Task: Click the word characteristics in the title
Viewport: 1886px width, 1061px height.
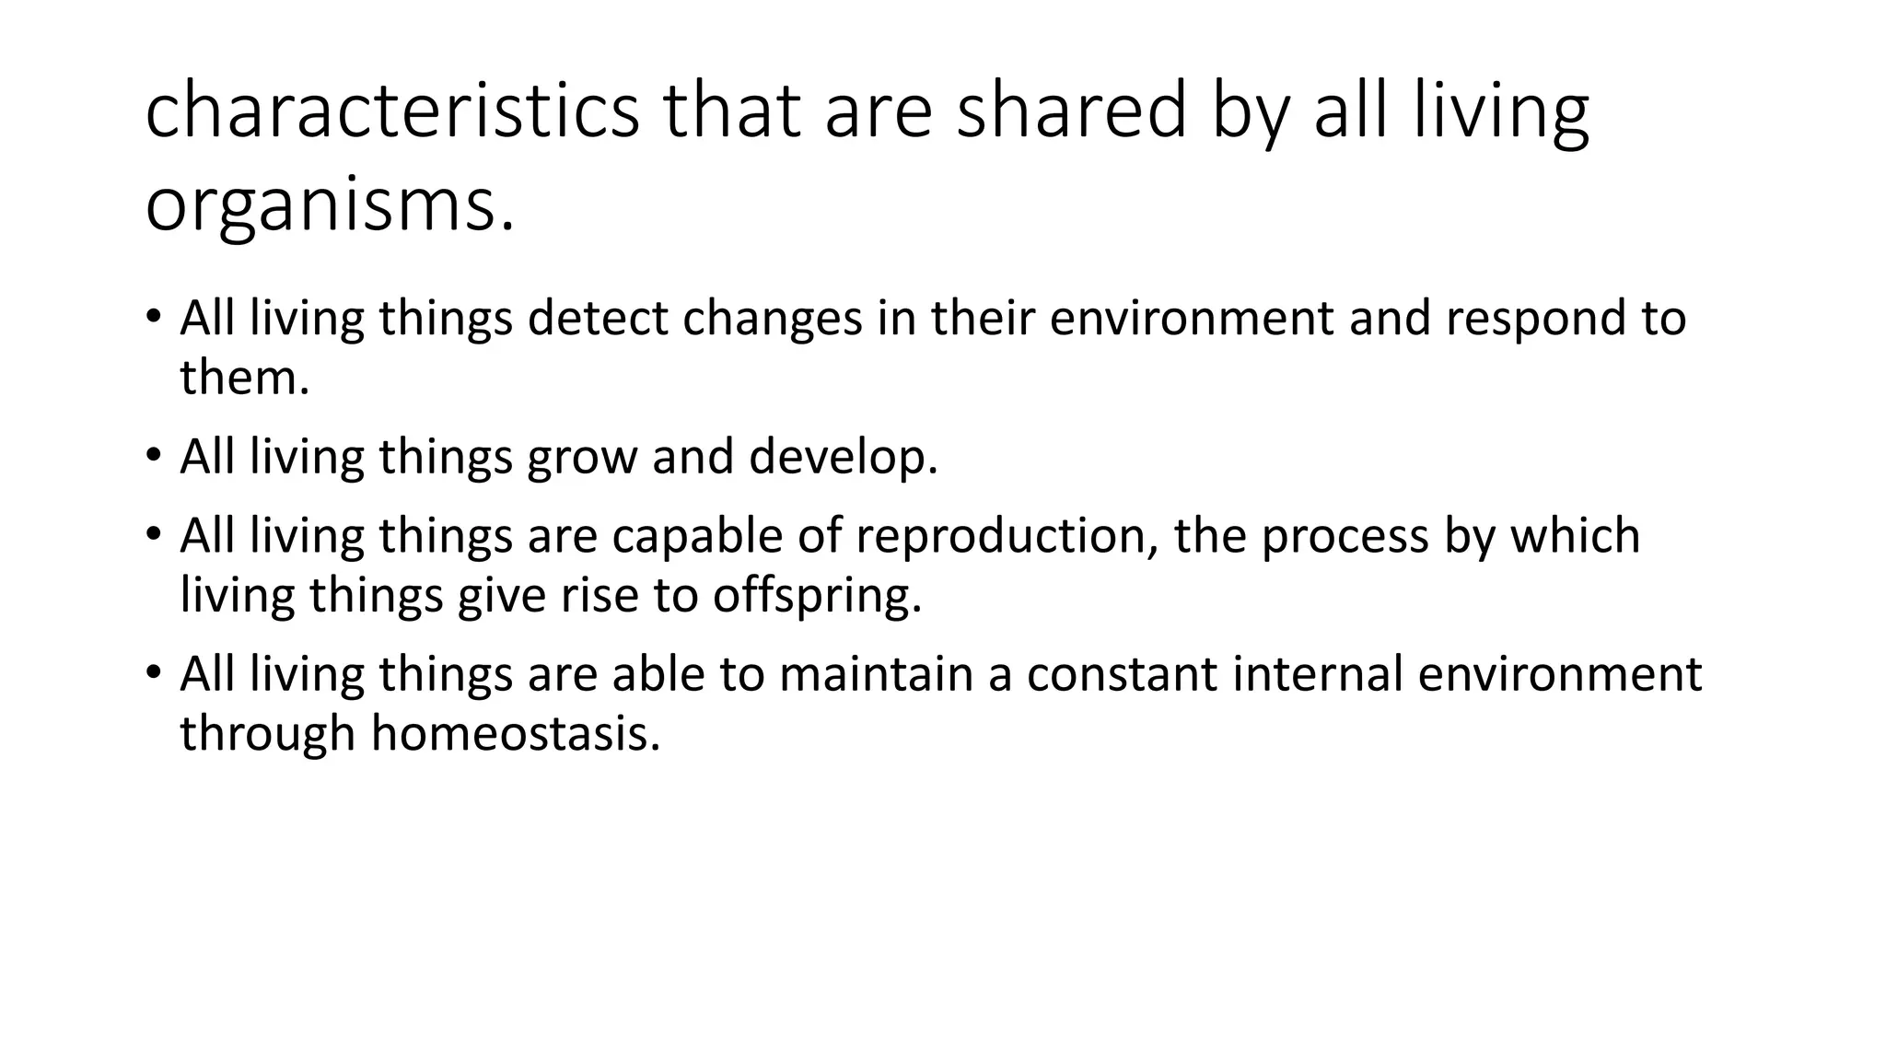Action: [391, 111]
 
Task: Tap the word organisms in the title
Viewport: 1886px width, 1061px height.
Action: [330, 204]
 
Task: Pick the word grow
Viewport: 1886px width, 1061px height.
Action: [582, 457]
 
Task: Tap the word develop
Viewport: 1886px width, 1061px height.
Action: [843, 457]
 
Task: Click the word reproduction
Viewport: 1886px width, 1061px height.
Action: [1006, 536]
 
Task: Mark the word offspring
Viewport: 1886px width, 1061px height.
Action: [816, 596]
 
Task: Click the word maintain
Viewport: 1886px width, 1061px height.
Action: [876, 674]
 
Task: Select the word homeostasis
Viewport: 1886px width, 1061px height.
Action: [516, 734]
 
